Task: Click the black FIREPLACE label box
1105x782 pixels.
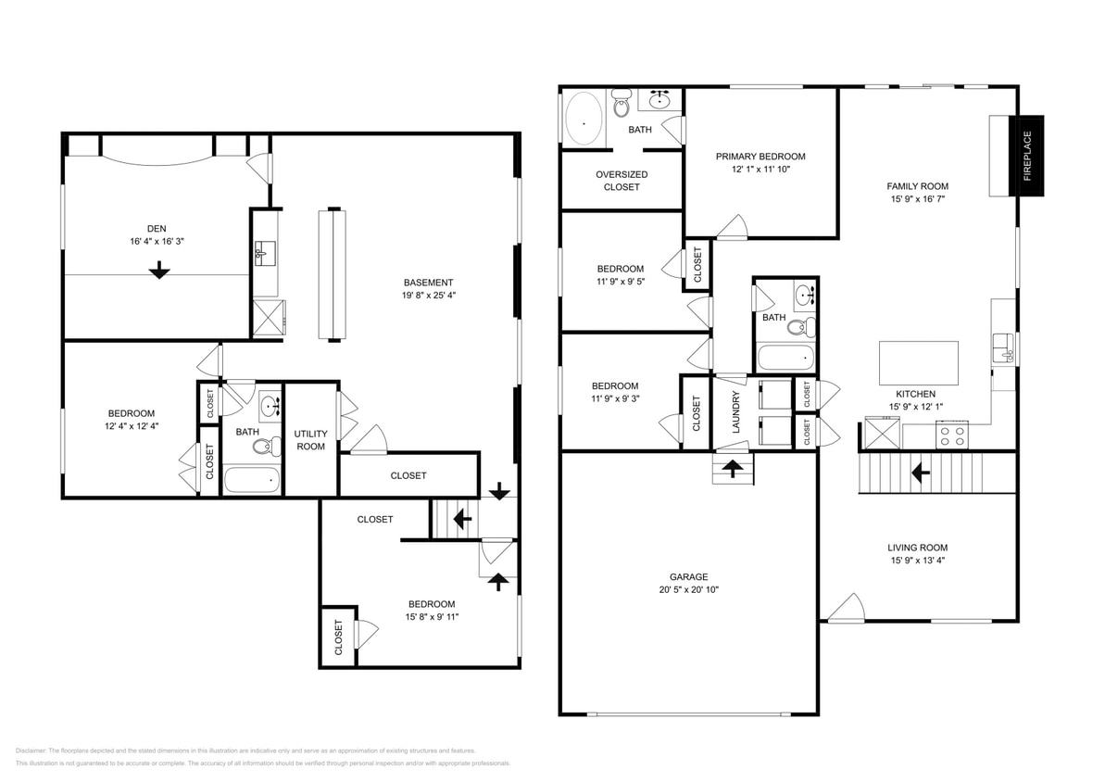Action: point(1026,156)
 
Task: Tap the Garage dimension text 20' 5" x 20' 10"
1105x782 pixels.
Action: point(689,589)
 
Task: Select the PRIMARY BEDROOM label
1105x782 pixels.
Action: point(760,157)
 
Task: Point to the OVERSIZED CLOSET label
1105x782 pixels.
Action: point(622,181)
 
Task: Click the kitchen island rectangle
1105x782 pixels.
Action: point(918,357)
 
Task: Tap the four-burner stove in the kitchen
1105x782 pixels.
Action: point(953,435)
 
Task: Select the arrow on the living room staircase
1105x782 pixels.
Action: point(921,474)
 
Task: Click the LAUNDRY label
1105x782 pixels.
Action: point(736,411)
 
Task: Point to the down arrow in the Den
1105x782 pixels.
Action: point(159,270)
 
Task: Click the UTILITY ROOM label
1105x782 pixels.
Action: point(310,440)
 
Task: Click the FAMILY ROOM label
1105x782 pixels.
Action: point(917,186)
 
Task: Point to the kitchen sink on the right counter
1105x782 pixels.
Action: point(1004,347)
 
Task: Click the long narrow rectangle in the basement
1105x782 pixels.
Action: point(332,274)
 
